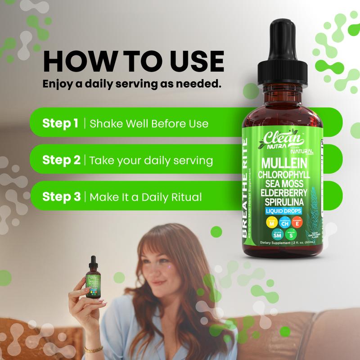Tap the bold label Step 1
coord(60,123)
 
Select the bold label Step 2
coord(61,160)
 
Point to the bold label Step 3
coord(61,197)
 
